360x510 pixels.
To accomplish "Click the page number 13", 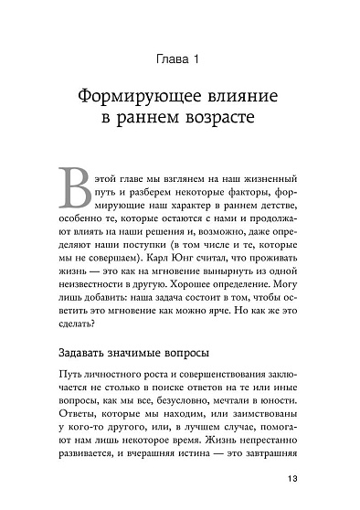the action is tap(292, 504).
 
